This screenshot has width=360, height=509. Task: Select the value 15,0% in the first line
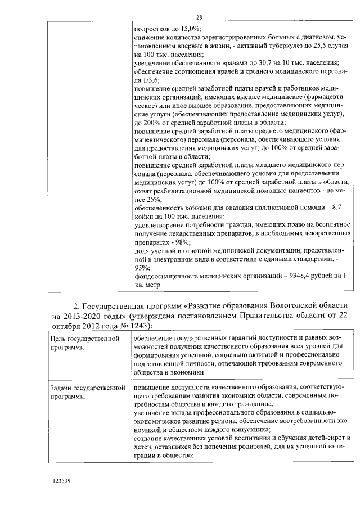click(x=190, y=28)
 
